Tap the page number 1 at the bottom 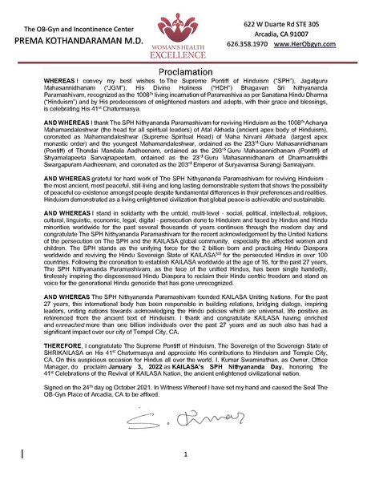click(185, 454)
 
